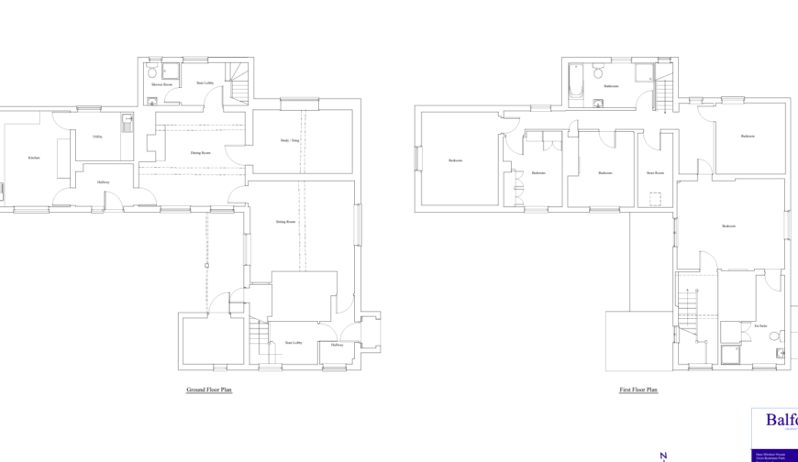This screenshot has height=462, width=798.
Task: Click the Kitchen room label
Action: coord(34,158)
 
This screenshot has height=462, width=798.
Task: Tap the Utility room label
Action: coord(97,137)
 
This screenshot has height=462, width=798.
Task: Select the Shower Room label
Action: coord(161,84)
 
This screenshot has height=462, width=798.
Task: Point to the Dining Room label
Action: coord(200,152)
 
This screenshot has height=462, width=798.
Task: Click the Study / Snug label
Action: coord(292,140)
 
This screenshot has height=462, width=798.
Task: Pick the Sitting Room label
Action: coord(285,222)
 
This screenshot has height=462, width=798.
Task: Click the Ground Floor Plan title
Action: coord(208,390)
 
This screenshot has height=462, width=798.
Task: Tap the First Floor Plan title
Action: coord(638,390)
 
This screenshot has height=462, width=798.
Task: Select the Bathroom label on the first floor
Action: coord(611,86)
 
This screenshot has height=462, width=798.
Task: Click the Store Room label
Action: coord(654,171)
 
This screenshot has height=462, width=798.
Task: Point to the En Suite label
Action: coord(759,326)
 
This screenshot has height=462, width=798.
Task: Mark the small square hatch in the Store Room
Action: coord(656,199)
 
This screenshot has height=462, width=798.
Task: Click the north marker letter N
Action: coord(663,456)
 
